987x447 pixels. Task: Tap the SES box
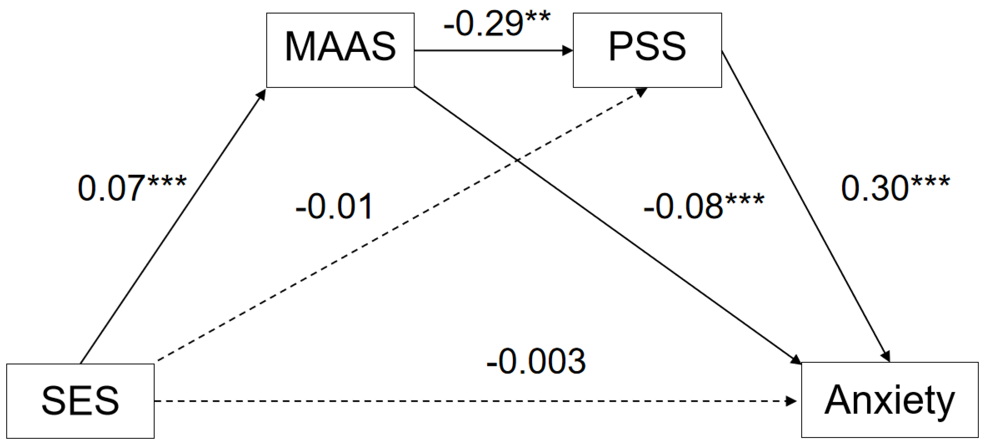point(81,401)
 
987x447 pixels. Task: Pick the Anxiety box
point(890,400)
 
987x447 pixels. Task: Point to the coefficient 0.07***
point(132,188)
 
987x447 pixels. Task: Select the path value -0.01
point(334,207)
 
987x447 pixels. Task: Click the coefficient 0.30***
point(895,188)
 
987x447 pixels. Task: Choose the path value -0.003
point(536,361)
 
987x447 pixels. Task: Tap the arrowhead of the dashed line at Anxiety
point(792,401)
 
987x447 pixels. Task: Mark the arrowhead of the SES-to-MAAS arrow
point(261,94)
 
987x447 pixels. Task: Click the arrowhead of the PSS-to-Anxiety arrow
point(885,356)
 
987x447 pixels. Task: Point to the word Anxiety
point(890,401)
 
